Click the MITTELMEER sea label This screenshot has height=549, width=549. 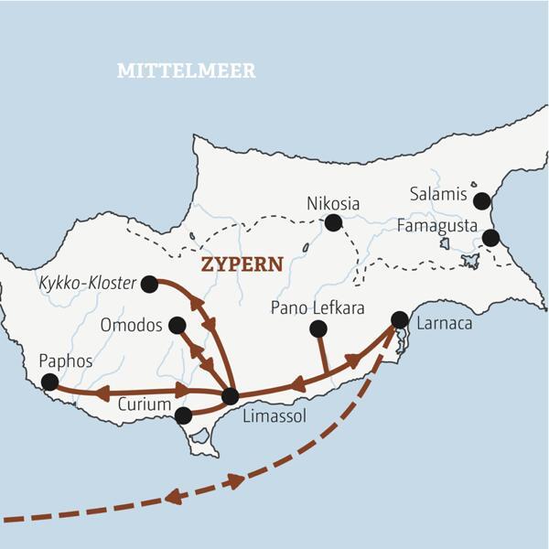(x=186, y=70)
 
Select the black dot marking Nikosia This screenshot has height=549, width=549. (x=333, y=222)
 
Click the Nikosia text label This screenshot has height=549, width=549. (x=333, y=202)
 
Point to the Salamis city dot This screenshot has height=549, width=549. (x=482, y=201)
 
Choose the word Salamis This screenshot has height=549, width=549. (x=439, y=195)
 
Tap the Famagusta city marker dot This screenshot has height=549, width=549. (x=490, y=238)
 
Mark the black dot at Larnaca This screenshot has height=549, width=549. (x=399, y=319)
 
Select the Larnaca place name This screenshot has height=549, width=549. (x=444, y=325)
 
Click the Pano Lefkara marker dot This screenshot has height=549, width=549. (x=318, y=328)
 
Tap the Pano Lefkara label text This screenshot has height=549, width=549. (x=318, y=308)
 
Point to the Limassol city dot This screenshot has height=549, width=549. (x=230, y=396)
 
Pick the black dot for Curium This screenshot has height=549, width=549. (x=183, y=415)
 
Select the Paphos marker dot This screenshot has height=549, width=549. (x=49, y=382)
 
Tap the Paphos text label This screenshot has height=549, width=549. (x=65, y=361)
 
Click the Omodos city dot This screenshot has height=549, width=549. (x=178, y=325)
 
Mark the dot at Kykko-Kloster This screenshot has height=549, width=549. (x=149, y=285)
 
